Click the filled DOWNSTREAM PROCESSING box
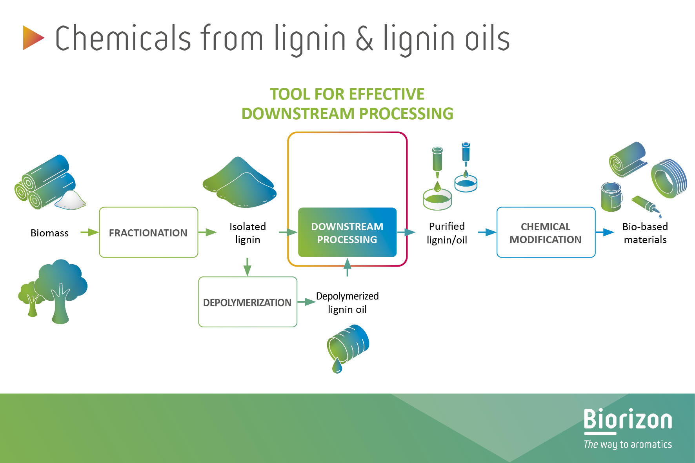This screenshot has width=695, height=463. point(347,232)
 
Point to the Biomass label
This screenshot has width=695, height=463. point(49,233)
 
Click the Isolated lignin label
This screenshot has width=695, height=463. point(247,233)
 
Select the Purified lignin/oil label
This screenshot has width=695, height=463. point(447,233)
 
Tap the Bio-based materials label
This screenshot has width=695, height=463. point(645,233)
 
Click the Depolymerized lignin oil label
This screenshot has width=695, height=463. point(347,303)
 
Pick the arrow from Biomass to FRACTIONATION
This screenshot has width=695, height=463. point(89,232)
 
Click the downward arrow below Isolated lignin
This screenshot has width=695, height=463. point(247,267)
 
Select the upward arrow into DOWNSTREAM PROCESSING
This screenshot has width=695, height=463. point(347,267)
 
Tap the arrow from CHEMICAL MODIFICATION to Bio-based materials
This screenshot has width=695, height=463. point(605,232)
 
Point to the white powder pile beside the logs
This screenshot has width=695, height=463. point(70,200)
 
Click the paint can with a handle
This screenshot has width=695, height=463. point(611,197)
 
